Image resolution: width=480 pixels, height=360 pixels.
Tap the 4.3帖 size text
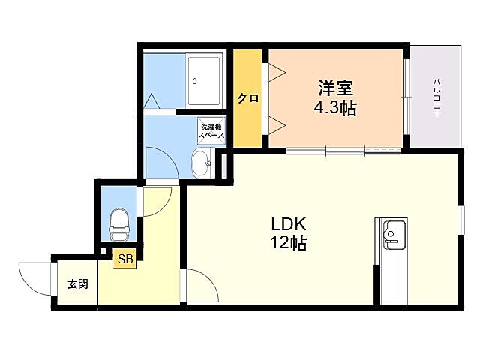(x=334, y=108)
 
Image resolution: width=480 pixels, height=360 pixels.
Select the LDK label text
(x=288, y=223)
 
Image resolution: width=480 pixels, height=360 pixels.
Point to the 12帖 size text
(x=288, y=243)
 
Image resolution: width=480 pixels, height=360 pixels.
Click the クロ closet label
(x=247, y=98)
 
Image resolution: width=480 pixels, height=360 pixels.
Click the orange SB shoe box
(x=124, y=259)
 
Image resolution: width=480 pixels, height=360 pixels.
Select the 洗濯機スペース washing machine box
(x=211, y=132)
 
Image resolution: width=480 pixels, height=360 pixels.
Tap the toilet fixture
(x=120, y=220)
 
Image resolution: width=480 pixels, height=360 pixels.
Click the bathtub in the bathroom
(x=203, y=80)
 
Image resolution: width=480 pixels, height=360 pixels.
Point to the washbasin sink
(x=200, y=162)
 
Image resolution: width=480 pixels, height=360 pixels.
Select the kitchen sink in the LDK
(x=393, y=234)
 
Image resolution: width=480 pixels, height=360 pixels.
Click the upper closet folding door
(x=274, y=71)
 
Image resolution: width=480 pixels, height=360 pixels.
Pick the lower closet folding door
(x=274, y=124)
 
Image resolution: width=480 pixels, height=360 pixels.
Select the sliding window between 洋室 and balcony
(x=406, y=97)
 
